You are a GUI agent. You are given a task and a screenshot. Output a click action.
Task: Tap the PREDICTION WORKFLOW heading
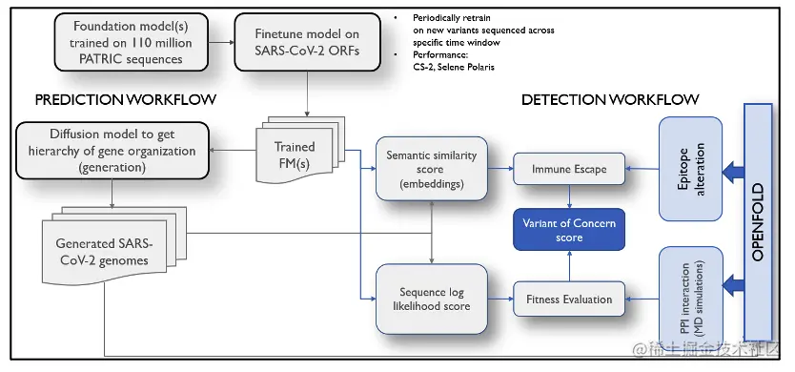pyautogui.click(x=125, y=99)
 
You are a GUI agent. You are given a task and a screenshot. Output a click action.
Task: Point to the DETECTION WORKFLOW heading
pyautogui.click(x=610, y=99)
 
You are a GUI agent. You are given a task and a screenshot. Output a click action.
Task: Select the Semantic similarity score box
pyautogui.click(x=433, y=168)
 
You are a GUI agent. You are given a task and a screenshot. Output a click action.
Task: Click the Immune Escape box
pyautogui.click(x=569, y=169)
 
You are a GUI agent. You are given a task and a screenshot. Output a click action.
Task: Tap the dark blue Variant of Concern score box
pyautogui.click(x=569, y=230)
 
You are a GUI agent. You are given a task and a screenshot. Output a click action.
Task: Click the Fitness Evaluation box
pyautogui.click(x=569, y=299)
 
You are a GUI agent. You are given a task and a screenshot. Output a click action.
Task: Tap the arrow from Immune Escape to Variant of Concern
pyautogui.click(x=569, y=196)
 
